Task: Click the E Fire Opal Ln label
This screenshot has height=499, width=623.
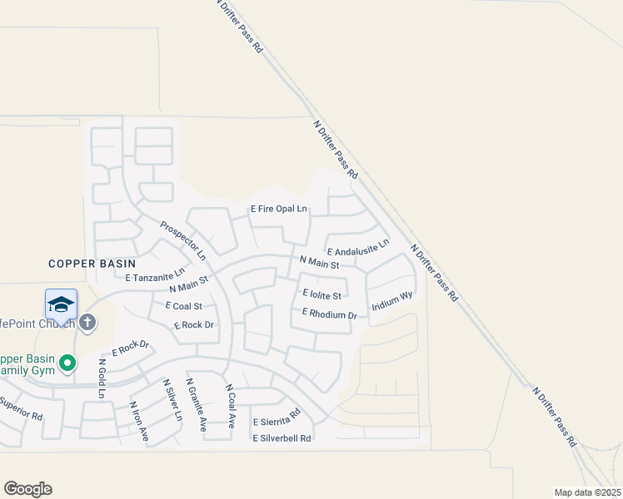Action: (x=279, y=209)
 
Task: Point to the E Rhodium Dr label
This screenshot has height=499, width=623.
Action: (x=329, y=314)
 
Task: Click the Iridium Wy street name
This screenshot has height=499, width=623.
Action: (x=392, y=300)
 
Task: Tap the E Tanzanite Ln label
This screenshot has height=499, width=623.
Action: (x=155, y=275)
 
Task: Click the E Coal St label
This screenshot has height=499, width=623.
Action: (x=183, y=305)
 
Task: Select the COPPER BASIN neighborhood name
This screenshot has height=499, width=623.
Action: (x=87, y=263)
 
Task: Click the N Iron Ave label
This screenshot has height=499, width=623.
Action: (x=138, y=422)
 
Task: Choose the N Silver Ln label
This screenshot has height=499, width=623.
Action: (x=172, y=400)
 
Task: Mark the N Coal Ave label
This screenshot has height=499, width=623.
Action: (x=231, y=406)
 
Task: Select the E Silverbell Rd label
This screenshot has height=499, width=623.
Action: (x=282, y=437)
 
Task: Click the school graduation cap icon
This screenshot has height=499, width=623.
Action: (x=61, y=304)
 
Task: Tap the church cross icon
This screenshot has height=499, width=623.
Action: (x=87, y=321)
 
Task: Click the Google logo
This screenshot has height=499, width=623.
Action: (x=27, y=488)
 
